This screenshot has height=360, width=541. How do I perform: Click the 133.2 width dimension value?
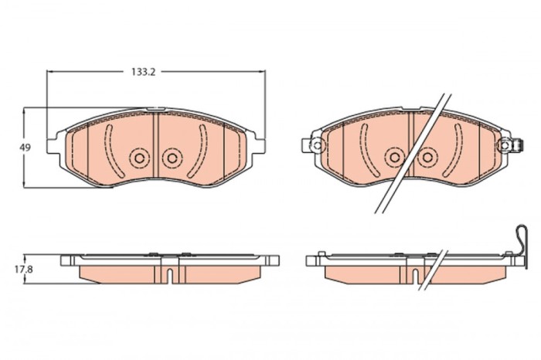(139, 72)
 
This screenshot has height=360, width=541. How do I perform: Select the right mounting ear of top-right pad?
(511, 144)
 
